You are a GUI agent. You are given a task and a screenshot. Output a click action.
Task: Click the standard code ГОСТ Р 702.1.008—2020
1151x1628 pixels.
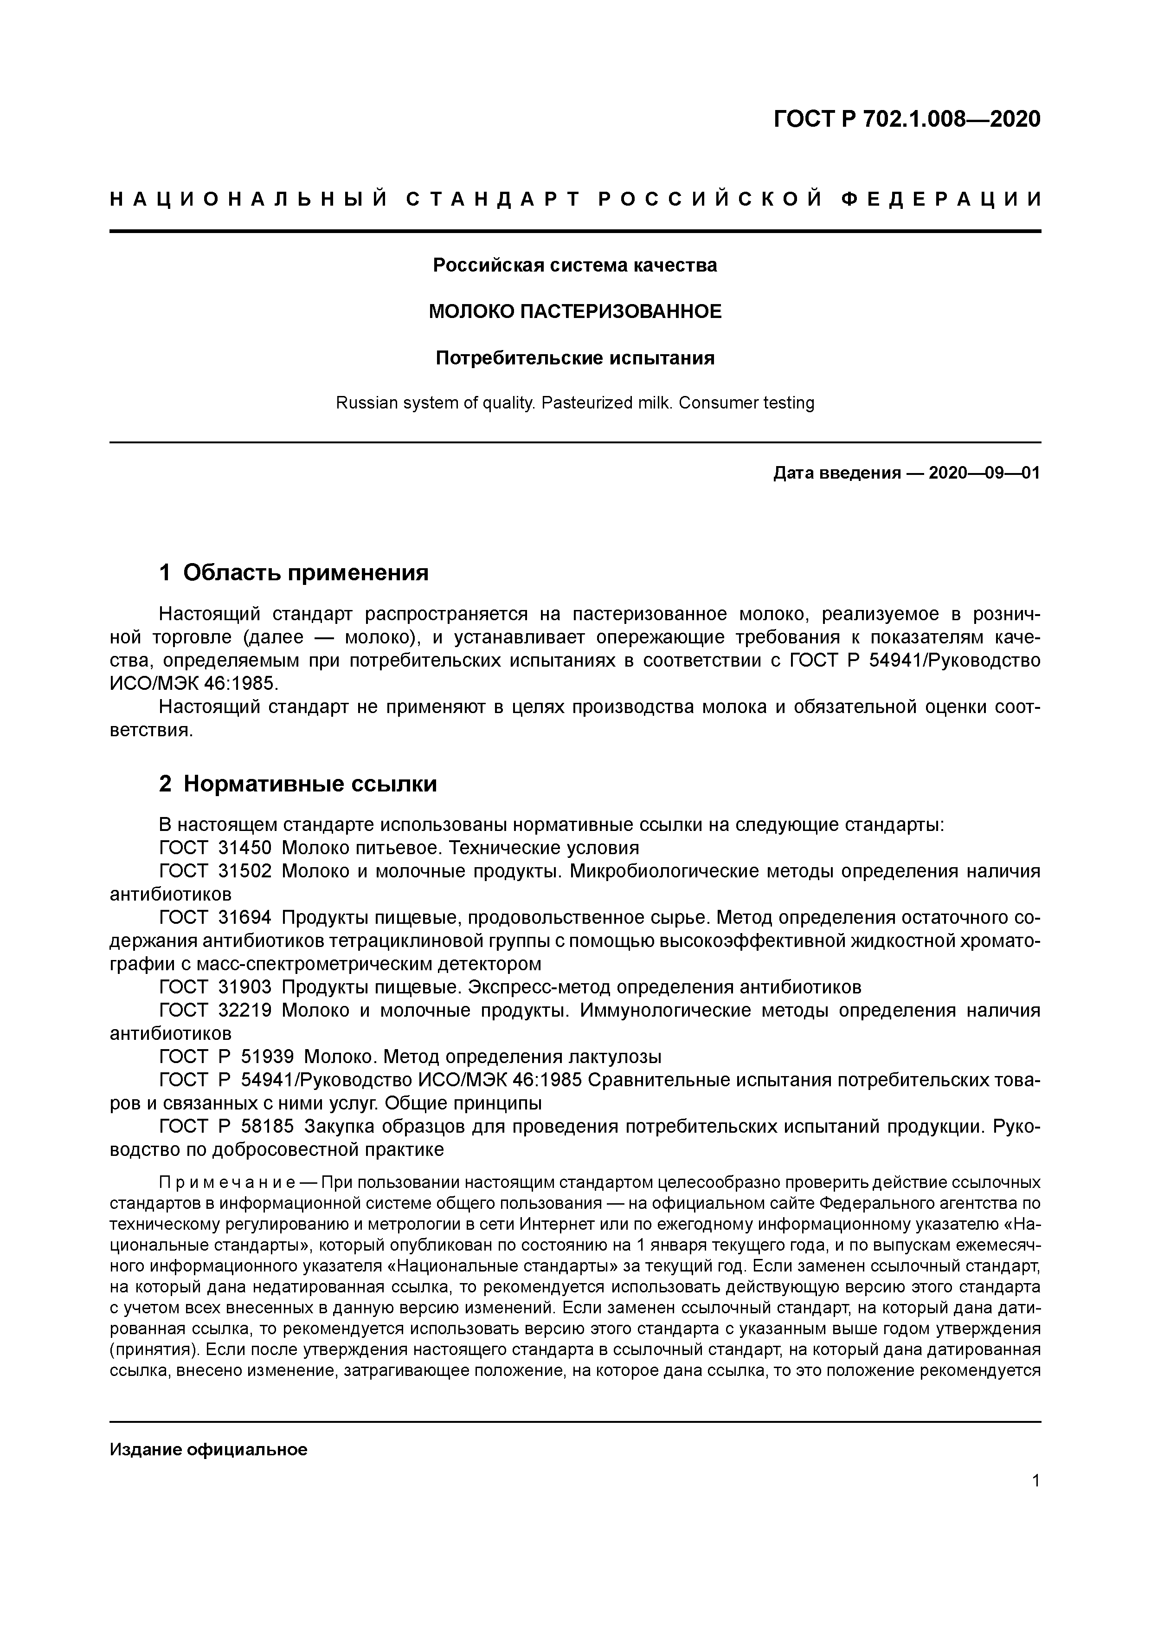[907, 119]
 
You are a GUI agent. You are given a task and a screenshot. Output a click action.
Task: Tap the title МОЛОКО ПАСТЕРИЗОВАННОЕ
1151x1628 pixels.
[575, 311]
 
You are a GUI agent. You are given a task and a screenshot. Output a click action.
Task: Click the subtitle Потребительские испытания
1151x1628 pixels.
[575, 358]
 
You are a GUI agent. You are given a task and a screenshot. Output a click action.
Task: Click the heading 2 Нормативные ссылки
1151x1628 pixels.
[298, 784]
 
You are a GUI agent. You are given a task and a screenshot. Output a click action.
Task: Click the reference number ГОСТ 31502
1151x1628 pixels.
[215, 871]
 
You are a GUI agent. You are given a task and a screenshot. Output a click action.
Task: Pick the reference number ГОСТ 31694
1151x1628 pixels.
[215, 918]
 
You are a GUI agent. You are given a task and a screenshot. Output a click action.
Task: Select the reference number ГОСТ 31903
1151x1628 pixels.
[215, 987]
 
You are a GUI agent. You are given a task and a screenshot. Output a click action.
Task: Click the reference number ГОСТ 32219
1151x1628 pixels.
[215, 1011]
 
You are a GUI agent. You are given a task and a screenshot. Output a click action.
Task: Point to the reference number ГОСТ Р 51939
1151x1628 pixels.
[226, 1057]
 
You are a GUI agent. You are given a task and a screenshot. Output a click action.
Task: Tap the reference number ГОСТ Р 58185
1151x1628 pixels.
[226, 1126]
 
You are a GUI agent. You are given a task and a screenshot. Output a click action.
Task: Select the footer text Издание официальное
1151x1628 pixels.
[208, 1449]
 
